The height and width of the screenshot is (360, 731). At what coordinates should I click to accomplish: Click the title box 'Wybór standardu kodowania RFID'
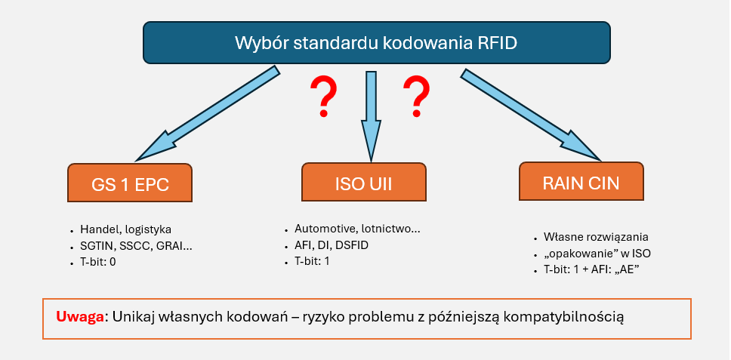(x=376, y=42)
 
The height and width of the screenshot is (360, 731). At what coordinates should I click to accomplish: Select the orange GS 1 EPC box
(x=129, y=183)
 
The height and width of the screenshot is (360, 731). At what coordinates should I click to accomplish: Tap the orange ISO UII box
(x=363, y=183)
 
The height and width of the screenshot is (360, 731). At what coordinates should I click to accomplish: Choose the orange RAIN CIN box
(x=581, y=182)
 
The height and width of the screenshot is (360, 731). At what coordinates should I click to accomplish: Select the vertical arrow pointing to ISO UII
(x=370, y=113)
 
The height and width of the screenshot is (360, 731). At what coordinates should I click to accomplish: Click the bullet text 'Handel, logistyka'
(x=125, y=230)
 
